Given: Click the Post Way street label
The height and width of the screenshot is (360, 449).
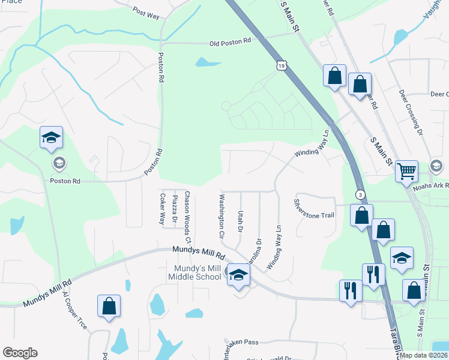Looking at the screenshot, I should tap(146, 12).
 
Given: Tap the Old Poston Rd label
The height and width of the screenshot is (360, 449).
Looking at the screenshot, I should tap(231, 42).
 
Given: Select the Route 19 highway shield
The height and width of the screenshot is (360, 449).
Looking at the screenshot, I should tap(282, 65).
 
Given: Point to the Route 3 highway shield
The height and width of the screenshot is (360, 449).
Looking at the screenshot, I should tap(360, 194).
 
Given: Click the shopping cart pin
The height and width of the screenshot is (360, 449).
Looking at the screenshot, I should tap(406, 172).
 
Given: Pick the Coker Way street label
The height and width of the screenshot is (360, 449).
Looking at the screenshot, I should tap(162, 209).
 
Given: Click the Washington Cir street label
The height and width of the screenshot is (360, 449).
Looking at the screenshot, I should tap(221, 214).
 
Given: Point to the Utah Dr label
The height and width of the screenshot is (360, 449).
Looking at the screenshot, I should tap(240, 221).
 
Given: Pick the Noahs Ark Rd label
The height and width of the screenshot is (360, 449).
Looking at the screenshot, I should tap(430, 187).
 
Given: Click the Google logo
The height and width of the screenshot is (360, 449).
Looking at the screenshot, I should tap(20, 353).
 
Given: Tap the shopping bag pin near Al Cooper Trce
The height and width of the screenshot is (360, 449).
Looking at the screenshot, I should tap(109, 307).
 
